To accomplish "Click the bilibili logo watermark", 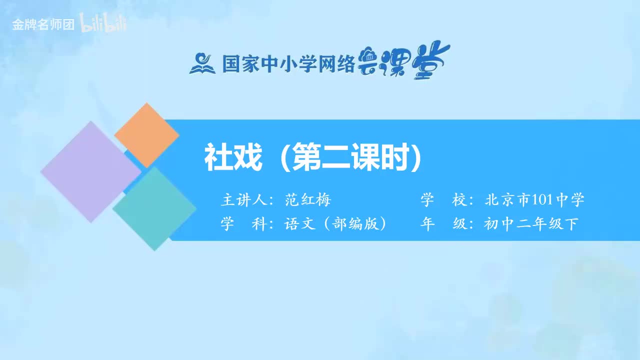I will [x=103, y=24].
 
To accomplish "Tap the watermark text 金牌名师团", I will [x=43, y=24].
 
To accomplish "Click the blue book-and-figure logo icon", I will [x=202, y=63].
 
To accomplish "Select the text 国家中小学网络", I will [x=288, y=64].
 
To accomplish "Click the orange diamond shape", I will [x=146, y=135].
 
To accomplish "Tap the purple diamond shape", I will [x=90, y=171].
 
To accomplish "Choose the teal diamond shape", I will [x=154, y=208].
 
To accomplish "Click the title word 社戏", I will [x=233, y=158].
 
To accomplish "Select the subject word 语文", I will [x=300, y=224].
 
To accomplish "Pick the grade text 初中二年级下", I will [x=531, y=224].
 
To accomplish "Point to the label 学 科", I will [x=242, y=224].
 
